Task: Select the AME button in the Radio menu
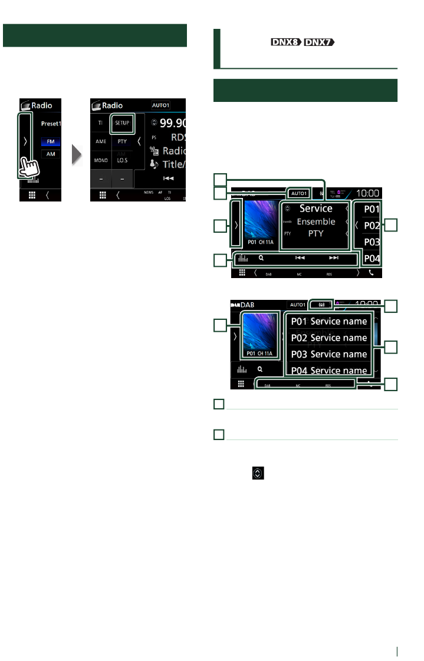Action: click(x=100, y=142)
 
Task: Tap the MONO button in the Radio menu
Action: click(x=100, y=160)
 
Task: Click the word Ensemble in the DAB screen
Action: click(x=316, y=222)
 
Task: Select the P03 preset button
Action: click(x=371, y=242)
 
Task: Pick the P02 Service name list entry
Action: click(x=329, y=338)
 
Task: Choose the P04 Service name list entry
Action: click(x=329, y=370)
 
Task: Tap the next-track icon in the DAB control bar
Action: click(x=334, y=257)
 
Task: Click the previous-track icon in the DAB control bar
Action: click(x=299, y=257)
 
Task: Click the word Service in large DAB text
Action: click(x=316, y=208)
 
